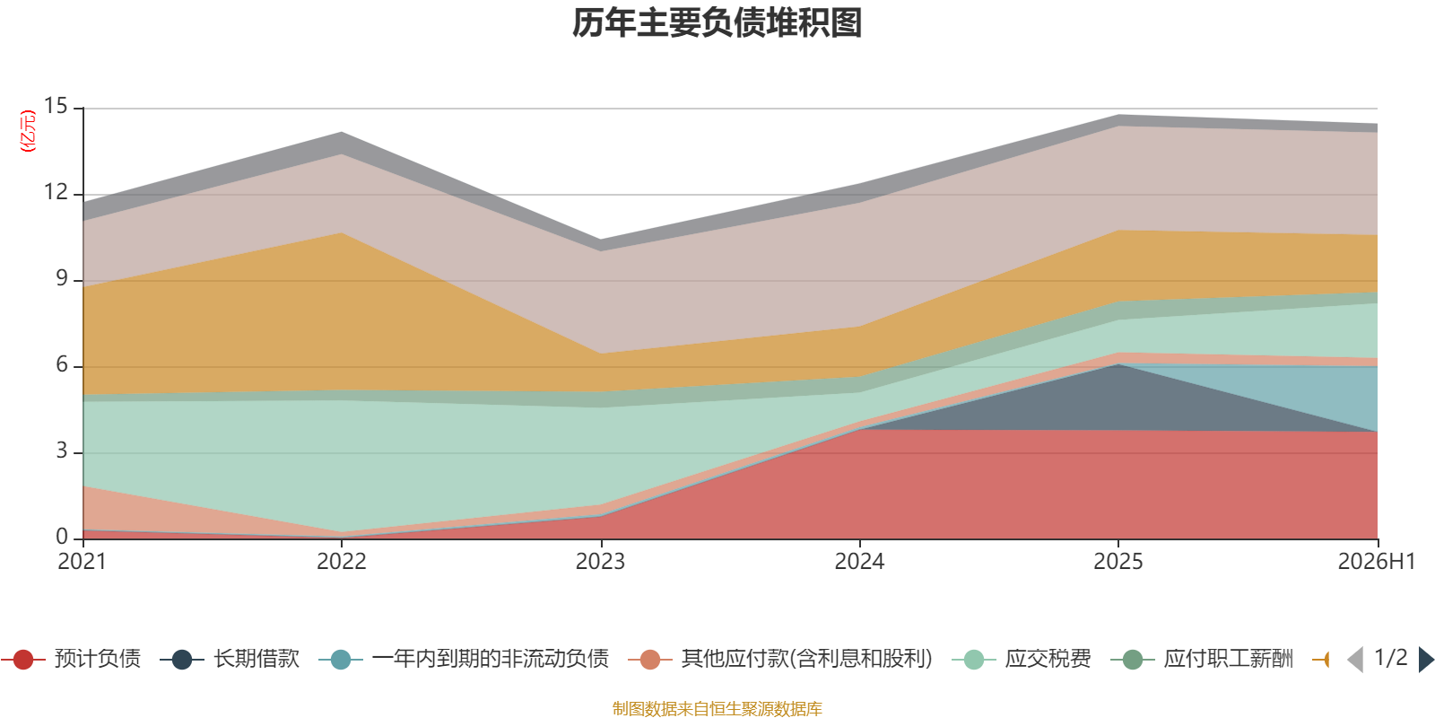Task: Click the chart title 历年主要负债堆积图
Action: (x=717, y=23)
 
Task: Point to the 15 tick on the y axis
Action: (x=56, y=107)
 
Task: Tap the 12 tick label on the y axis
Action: (x=56, y=192)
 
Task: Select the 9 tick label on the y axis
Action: (x=62, y=279)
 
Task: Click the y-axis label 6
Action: (x=62, y=364)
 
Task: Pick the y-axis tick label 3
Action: (x=62, y=451)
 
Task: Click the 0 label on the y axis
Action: (x=62, y=538)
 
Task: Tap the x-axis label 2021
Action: (x=82, y=562)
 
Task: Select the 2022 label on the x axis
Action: (x=342, y=562)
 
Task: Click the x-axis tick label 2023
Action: (x=600, y=562)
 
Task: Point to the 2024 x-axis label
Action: (x=859, y=562)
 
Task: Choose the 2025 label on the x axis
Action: (x=1118, y=562)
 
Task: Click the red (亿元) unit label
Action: (x=28, y=131)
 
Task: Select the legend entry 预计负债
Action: (x=71, y=659)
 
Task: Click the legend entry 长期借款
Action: (x=230, y=659)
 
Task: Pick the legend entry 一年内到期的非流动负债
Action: (x=464, y=659)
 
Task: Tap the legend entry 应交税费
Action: (x=1022, y=659)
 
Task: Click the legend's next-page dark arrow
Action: (x=1426, y=660)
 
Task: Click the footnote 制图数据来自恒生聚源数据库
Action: (x=717, y=708)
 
